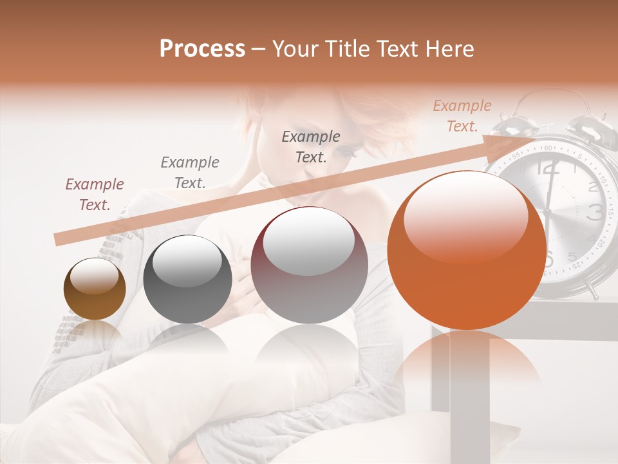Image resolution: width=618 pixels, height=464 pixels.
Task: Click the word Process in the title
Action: tap(202, 49)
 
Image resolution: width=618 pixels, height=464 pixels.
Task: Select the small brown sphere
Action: tap(95, 289)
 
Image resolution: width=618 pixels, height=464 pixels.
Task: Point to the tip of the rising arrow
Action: tap(536, 137)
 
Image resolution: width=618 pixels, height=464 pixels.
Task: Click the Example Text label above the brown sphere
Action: tap(94, 195)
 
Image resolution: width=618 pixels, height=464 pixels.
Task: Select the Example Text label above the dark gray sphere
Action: tap(190, 172)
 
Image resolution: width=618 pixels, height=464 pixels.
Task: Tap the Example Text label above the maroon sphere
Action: tap(311, 146)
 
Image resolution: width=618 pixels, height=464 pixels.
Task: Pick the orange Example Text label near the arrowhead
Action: tap(462, 116)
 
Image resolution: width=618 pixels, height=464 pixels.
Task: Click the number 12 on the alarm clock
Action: tap(547, 169)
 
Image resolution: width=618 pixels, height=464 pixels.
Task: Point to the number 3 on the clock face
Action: tap(595, 211)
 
